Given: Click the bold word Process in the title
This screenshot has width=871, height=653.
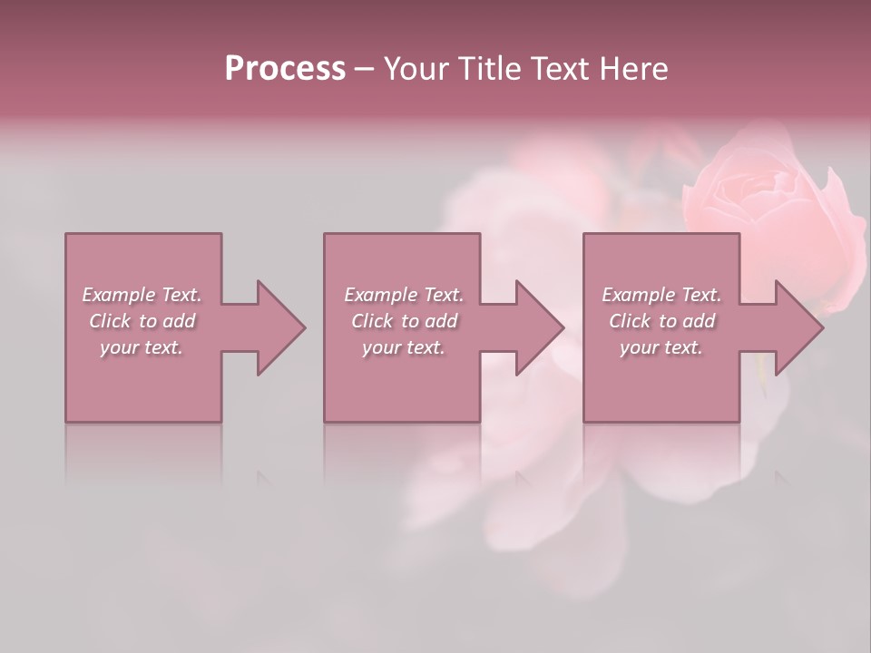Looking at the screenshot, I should tap(285, 69).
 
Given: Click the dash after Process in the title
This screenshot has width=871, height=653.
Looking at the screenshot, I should tap(365, 70).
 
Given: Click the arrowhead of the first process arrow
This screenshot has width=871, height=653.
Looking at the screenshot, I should tap(281, 327).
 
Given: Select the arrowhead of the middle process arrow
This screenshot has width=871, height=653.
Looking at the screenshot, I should tap(540, 327).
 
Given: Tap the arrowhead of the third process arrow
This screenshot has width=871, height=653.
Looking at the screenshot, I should tap(799, 327).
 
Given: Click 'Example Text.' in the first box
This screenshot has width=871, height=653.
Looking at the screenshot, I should tap(142, 295).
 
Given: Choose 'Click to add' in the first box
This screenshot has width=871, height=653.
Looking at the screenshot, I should tap(142, 321).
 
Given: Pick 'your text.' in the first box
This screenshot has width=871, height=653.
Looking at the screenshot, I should tap(142, 347).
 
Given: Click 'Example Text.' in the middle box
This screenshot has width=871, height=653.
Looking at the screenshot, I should tap(404, 295).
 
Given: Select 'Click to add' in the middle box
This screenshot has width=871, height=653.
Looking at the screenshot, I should tap(404, 321).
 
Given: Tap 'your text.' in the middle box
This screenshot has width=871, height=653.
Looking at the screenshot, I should tap(404, 347).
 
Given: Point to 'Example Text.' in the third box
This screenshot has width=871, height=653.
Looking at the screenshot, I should tap(661, 295).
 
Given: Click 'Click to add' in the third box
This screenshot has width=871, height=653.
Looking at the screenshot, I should tap(661, 321).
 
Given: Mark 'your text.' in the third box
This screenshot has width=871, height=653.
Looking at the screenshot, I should tap(661, 347).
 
